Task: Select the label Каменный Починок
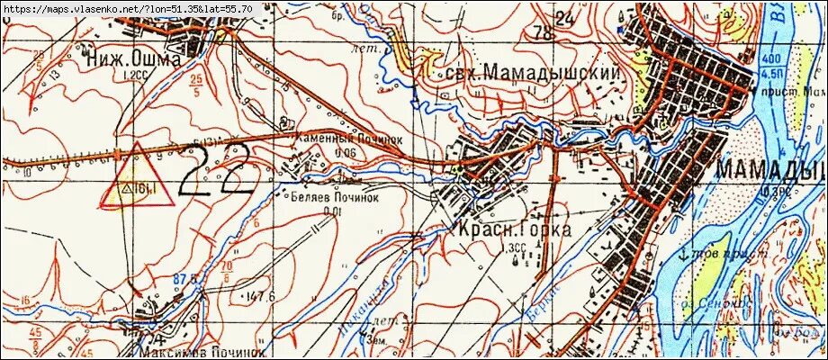click(335, 140)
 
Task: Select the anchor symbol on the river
click(683, 254)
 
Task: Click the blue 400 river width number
click(770, 58)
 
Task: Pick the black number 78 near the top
click(544, 34)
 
